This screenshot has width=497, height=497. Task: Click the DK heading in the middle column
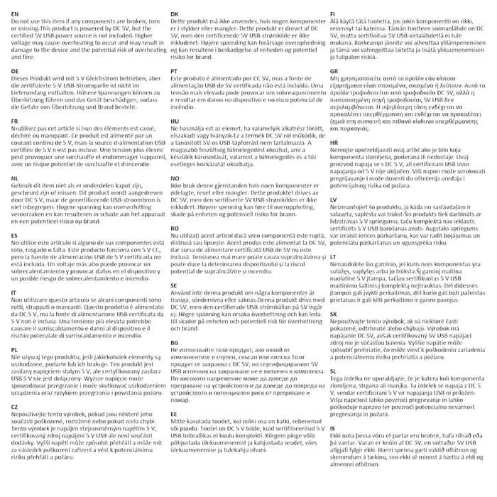[175, 14]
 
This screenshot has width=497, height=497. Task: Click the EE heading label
[175, 412]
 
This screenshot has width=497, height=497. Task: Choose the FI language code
[332, 14]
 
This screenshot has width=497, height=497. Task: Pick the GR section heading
[334, 72]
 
